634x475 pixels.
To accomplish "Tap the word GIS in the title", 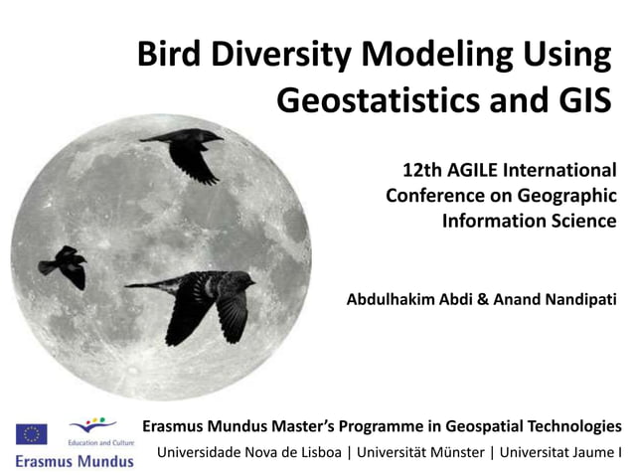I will point(577,99).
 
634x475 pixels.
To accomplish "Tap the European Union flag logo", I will point(32,433).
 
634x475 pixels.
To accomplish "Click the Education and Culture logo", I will point(94,431).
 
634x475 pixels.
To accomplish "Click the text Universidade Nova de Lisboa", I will point(249,453).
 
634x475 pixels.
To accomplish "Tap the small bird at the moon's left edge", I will point(64,265).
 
